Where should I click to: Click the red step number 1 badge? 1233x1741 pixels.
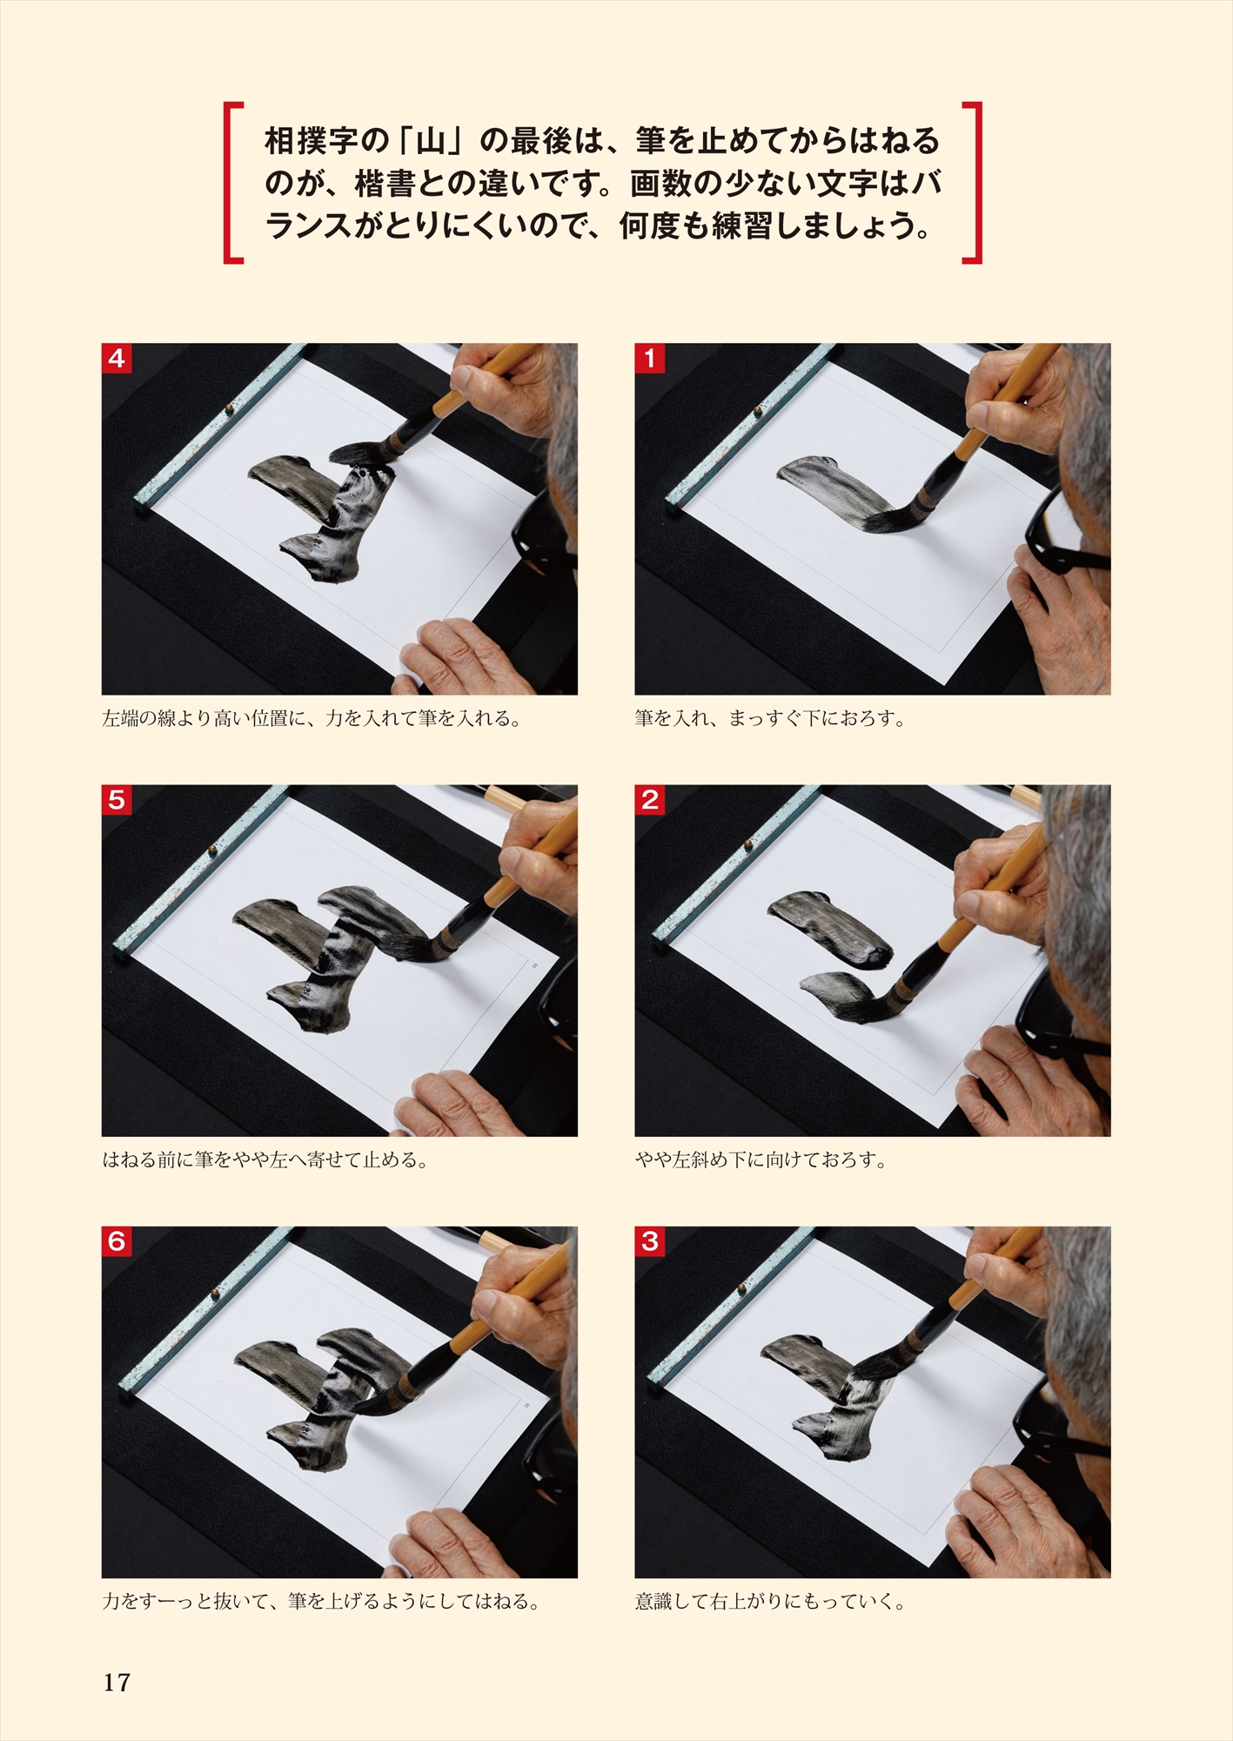point(649,359)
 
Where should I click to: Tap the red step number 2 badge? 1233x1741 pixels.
point(649,800)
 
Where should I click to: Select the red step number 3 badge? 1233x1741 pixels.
point(649,1241)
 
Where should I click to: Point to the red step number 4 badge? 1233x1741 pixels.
point(117,359)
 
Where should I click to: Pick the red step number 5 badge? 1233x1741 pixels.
point(117,800)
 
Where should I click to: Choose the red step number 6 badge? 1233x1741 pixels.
point(117,1241)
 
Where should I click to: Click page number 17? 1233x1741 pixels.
point(117,1683)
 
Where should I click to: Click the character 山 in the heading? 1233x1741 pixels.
point(430,141)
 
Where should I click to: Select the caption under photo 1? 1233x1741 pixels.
point(770,719)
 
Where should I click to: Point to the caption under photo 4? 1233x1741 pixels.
point(312,719)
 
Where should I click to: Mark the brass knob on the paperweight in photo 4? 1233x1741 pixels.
point(229,408)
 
